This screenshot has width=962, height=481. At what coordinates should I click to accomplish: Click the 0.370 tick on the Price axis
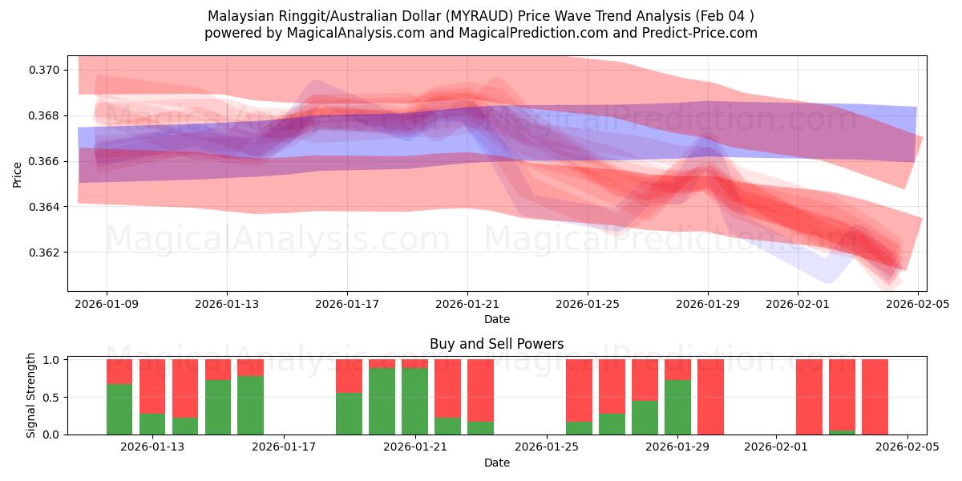click(x=42, y=70)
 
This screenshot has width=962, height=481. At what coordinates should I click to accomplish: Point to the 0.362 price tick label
click(x=42, y=253)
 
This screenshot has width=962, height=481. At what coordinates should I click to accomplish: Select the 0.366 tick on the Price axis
click(x=42, y=161)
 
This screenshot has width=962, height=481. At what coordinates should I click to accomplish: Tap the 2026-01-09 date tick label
click(x=107, y=305)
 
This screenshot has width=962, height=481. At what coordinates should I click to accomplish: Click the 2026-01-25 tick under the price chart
click(x=588, y=305)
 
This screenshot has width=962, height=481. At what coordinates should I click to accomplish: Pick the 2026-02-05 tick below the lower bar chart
click(x=907, y=447)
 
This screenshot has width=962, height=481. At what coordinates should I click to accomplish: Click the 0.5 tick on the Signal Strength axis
click(x=52, y=398)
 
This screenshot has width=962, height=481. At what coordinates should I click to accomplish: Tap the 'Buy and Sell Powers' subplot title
click(x=496, y=344)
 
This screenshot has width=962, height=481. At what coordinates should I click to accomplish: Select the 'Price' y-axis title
click(x=18, y=174)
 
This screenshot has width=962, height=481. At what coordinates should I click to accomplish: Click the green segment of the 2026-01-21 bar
click(x=414, y=401)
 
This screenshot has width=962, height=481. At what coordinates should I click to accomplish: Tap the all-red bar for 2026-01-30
click(x=710, y=397)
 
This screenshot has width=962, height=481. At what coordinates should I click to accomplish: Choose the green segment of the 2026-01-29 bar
click(x=677, y=407)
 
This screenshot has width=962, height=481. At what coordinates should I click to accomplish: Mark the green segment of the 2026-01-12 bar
click(x=119, y=409)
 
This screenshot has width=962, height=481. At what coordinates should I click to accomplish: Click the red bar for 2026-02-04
click(x=875, y=397)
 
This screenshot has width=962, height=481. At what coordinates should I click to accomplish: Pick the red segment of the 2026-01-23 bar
click(x=480, y=390)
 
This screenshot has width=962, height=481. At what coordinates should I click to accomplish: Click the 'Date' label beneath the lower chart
click(x=496, y=463)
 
